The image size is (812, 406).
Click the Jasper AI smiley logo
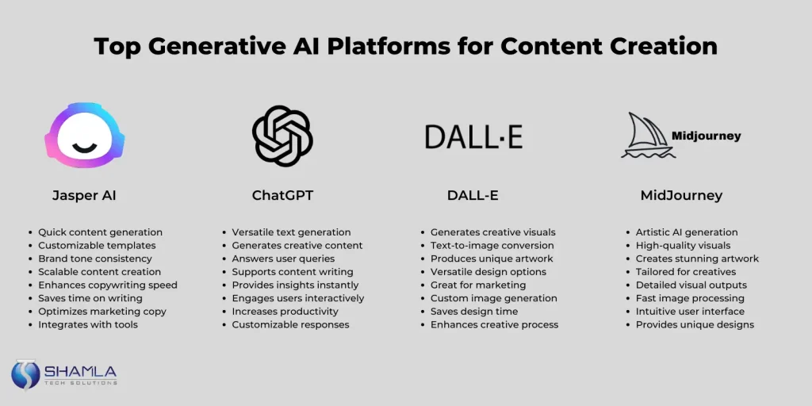[85, 136]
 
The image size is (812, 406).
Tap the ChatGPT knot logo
[282, 136]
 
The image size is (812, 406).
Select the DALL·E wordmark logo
[473, 136]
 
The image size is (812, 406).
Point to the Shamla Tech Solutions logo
[64, 374]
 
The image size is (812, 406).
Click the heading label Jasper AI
[84, 194]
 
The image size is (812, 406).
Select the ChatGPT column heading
[282, 194]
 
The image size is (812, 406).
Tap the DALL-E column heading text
[473, 194]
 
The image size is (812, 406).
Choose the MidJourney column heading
[681, 194]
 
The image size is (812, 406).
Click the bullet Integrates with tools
[88, 324]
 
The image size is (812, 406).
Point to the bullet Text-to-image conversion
[492, 246]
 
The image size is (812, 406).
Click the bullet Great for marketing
[478, 285]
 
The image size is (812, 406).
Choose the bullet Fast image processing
[690, 298]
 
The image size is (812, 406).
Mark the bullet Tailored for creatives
[686, 272]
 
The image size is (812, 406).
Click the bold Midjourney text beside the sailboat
[706, 136]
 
